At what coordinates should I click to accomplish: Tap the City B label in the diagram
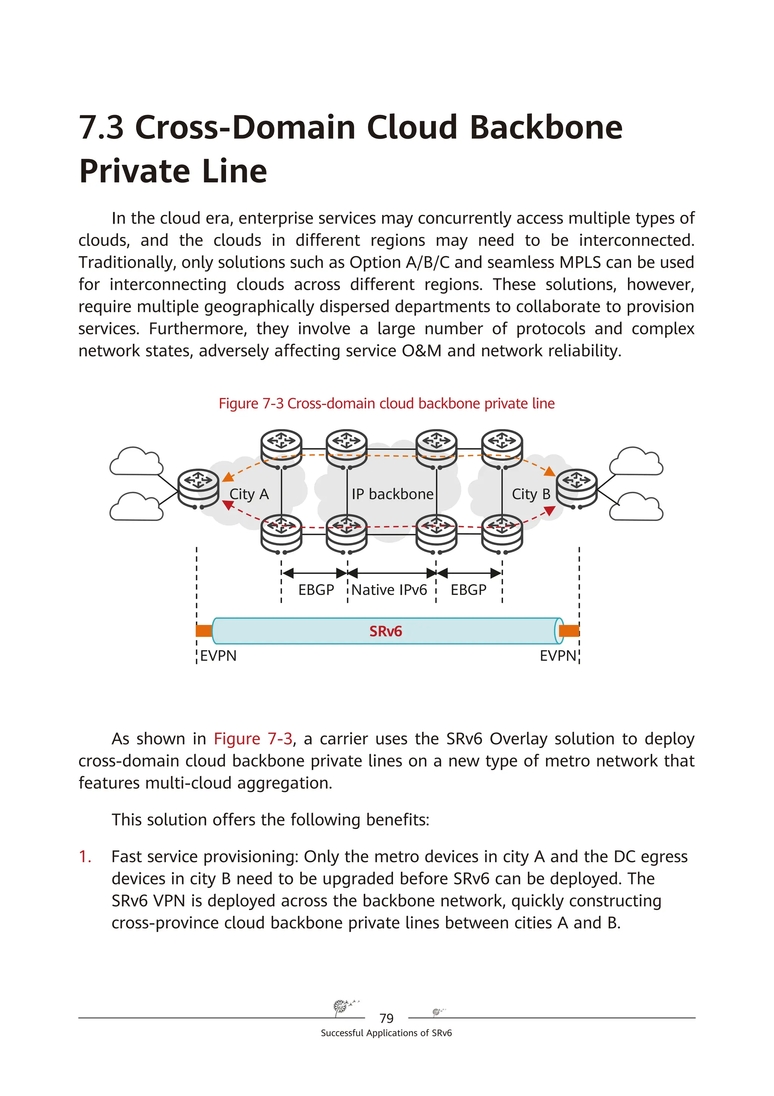(x=531, y=494)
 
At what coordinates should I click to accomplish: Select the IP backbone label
(x=392, y=494)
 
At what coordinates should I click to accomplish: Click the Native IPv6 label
(x=389, y=590)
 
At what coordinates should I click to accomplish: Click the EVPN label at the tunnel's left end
(x=218, y=656)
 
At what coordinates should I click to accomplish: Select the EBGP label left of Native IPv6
(x=316, y=590)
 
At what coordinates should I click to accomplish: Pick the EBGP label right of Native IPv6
(x=468, y=590)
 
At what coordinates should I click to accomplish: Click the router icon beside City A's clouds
(x=198, y=487)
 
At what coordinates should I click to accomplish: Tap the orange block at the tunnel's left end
(x=204, y=631)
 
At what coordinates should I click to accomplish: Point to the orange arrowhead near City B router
(x=550, y=471)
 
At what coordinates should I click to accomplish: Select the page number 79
(x=386, y=1018)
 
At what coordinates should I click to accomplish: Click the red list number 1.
(x=85, y=856)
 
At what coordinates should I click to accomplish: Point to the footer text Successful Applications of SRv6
(x=386, y=1033)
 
